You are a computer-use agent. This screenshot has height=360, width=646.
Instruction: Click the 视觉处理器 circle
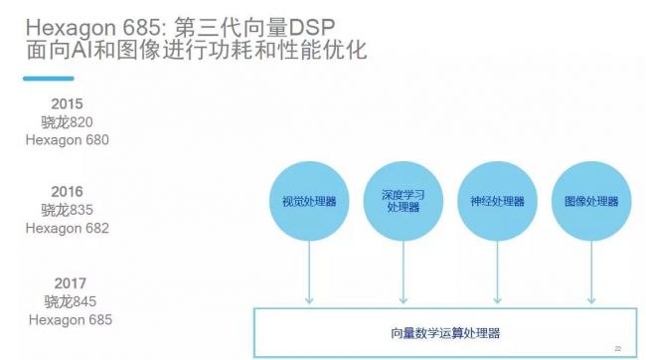click(x=309, y=202)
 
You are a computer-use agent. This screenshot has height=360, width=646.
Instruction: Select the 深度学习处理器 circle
click(x=403, y=202)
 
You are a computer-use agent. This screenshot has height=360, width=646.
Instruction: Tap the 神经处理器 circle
click(x=497, y=202)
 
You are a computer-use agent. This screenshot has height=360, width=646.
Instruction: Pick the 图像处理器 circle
click(x=590, y=202)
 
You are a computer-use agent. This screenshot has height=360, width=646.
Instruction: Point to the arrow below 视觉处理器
click(x=309, y=271)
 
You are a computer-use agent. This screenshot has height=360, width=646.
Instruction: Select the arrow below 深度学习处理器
click(x=403, y=271)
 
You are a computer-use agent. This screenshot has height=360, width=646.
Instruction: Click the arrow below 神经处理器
click(x=497, y=271)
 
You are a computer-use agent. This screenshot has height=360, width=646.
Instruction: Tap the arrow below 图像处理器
click(x=590, y=271)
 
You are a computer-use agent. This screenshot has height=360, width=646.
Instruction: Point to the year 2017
click(x=69, y=282)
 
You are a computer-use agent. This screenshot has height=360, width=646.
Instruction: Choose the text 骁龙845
click(x=69, y=301)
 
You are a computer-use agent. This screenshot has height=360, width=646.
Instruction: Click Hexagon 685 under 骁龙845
click(x=70, y=320)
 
